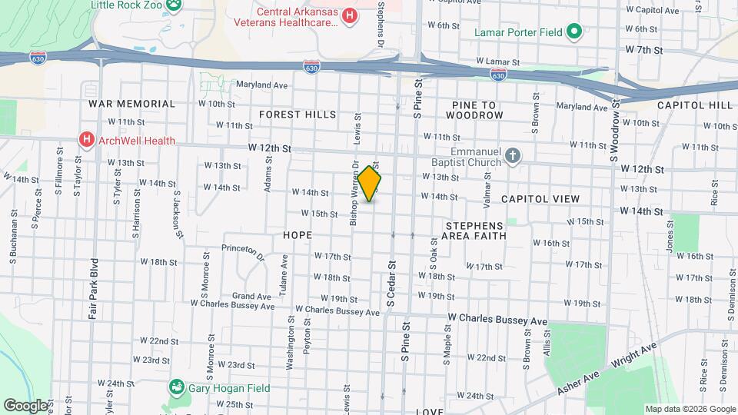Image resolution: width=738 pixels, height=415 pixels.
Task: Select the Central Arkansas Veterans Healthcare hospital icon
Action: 351,15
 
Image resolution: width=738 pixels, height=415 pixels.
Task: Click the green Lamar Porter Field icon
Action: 573,32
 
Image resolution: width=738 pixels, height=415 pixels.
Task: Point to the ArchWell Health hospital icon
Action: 87,140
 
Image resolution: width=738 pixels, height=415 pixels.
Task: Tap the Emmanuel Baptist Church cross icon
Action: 514,157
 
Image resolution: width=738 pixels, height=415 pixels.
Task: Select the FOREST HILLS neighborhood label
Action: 298,115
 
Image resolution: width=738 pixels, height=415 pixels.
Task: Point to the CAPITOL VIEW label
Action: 540,199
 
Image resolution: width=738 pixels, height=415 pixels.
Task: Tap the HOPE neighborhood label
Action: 298,235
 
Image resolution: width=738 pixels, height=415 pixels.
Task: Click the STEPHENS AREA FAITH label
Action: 475,231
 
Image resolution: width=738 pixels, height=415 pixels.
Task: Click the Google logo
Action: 25,404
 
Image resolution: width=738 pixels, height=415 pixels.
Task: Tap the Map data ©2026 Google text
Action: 690,409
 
